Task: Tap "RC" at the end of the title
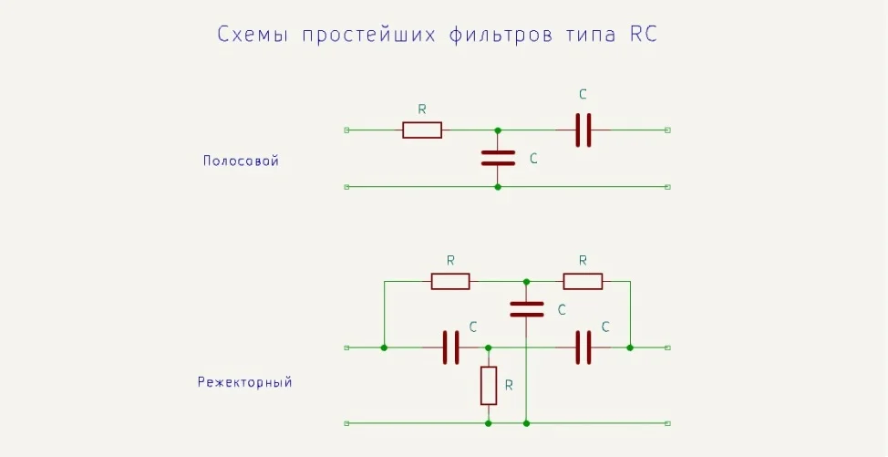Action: coord(643,35)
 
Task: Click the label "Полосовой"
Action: coord(241,161)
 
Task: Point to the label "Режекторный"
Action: coord(244,382)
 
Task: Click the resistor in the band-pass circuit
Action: coord(422,130)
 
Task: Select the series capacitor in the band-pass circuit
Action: coord(583,130)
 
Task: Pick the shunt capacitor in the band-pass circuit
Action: coord(498,158)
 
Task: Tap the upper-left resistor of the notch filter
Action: coord(450,281)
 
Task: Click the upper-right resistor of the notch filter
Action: coord(583,281)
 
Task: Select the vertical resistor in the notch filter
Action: coord(489,386)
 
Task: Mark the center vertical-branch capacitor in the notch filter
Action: coord(527,308)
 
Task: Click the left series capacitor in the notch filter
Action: coord(450,348)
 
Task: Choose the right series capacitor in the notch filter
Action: coord(583,348)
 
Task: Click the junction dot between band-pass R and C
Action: coord(498,130)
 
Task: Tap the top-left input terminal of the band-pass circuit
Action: coord(346,130)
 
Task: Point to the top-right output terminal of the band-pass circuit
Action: coord(668,130)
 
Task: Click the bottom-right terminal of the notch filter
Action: coord(668,423)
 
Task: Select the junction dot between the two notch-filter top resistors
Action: coord(527,281)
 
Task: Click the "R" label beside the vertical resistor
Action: coord(509,385)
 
